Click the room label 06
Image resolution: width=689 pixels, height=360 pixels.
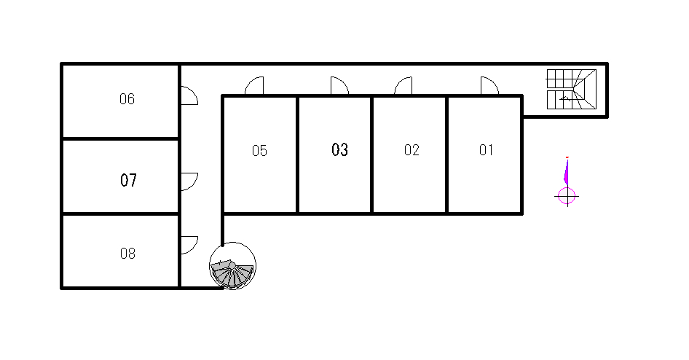127,99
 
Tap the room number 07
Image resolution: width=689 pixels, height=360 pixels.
128,180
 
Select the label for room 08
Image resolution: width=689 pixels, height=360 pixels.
127,253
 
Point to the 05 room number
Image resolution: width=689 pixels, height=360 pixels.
259,151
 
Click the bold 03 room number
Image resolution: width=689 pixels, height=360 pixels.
339,149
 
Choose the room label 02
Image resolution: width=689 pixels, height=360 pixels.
412,150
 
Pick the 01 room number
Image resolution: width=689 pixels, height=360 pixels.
486,150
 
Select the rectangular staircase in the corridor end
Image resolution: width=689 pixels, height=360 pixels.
571,89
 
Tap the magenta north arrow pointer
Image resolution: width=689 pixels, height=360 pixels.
567,172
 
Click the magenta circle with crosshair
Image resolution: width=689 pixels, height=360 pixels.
567,195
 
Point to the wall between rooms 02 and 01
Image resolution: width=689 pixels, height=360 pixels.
446,154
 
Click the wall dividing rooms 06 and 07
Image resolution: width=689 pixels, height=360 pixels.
120,139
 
